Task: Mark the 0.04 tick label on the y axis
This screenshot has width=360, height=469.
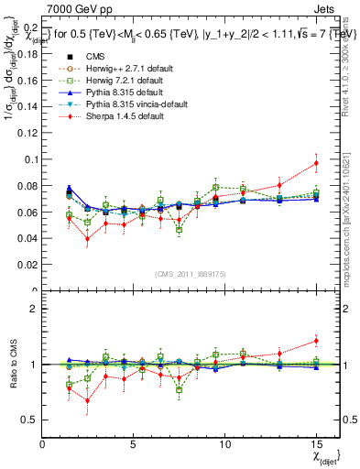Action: [x=27, y=239]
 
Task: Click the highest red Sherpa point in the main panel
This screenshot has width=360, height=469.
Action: [x=316, y=163]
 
